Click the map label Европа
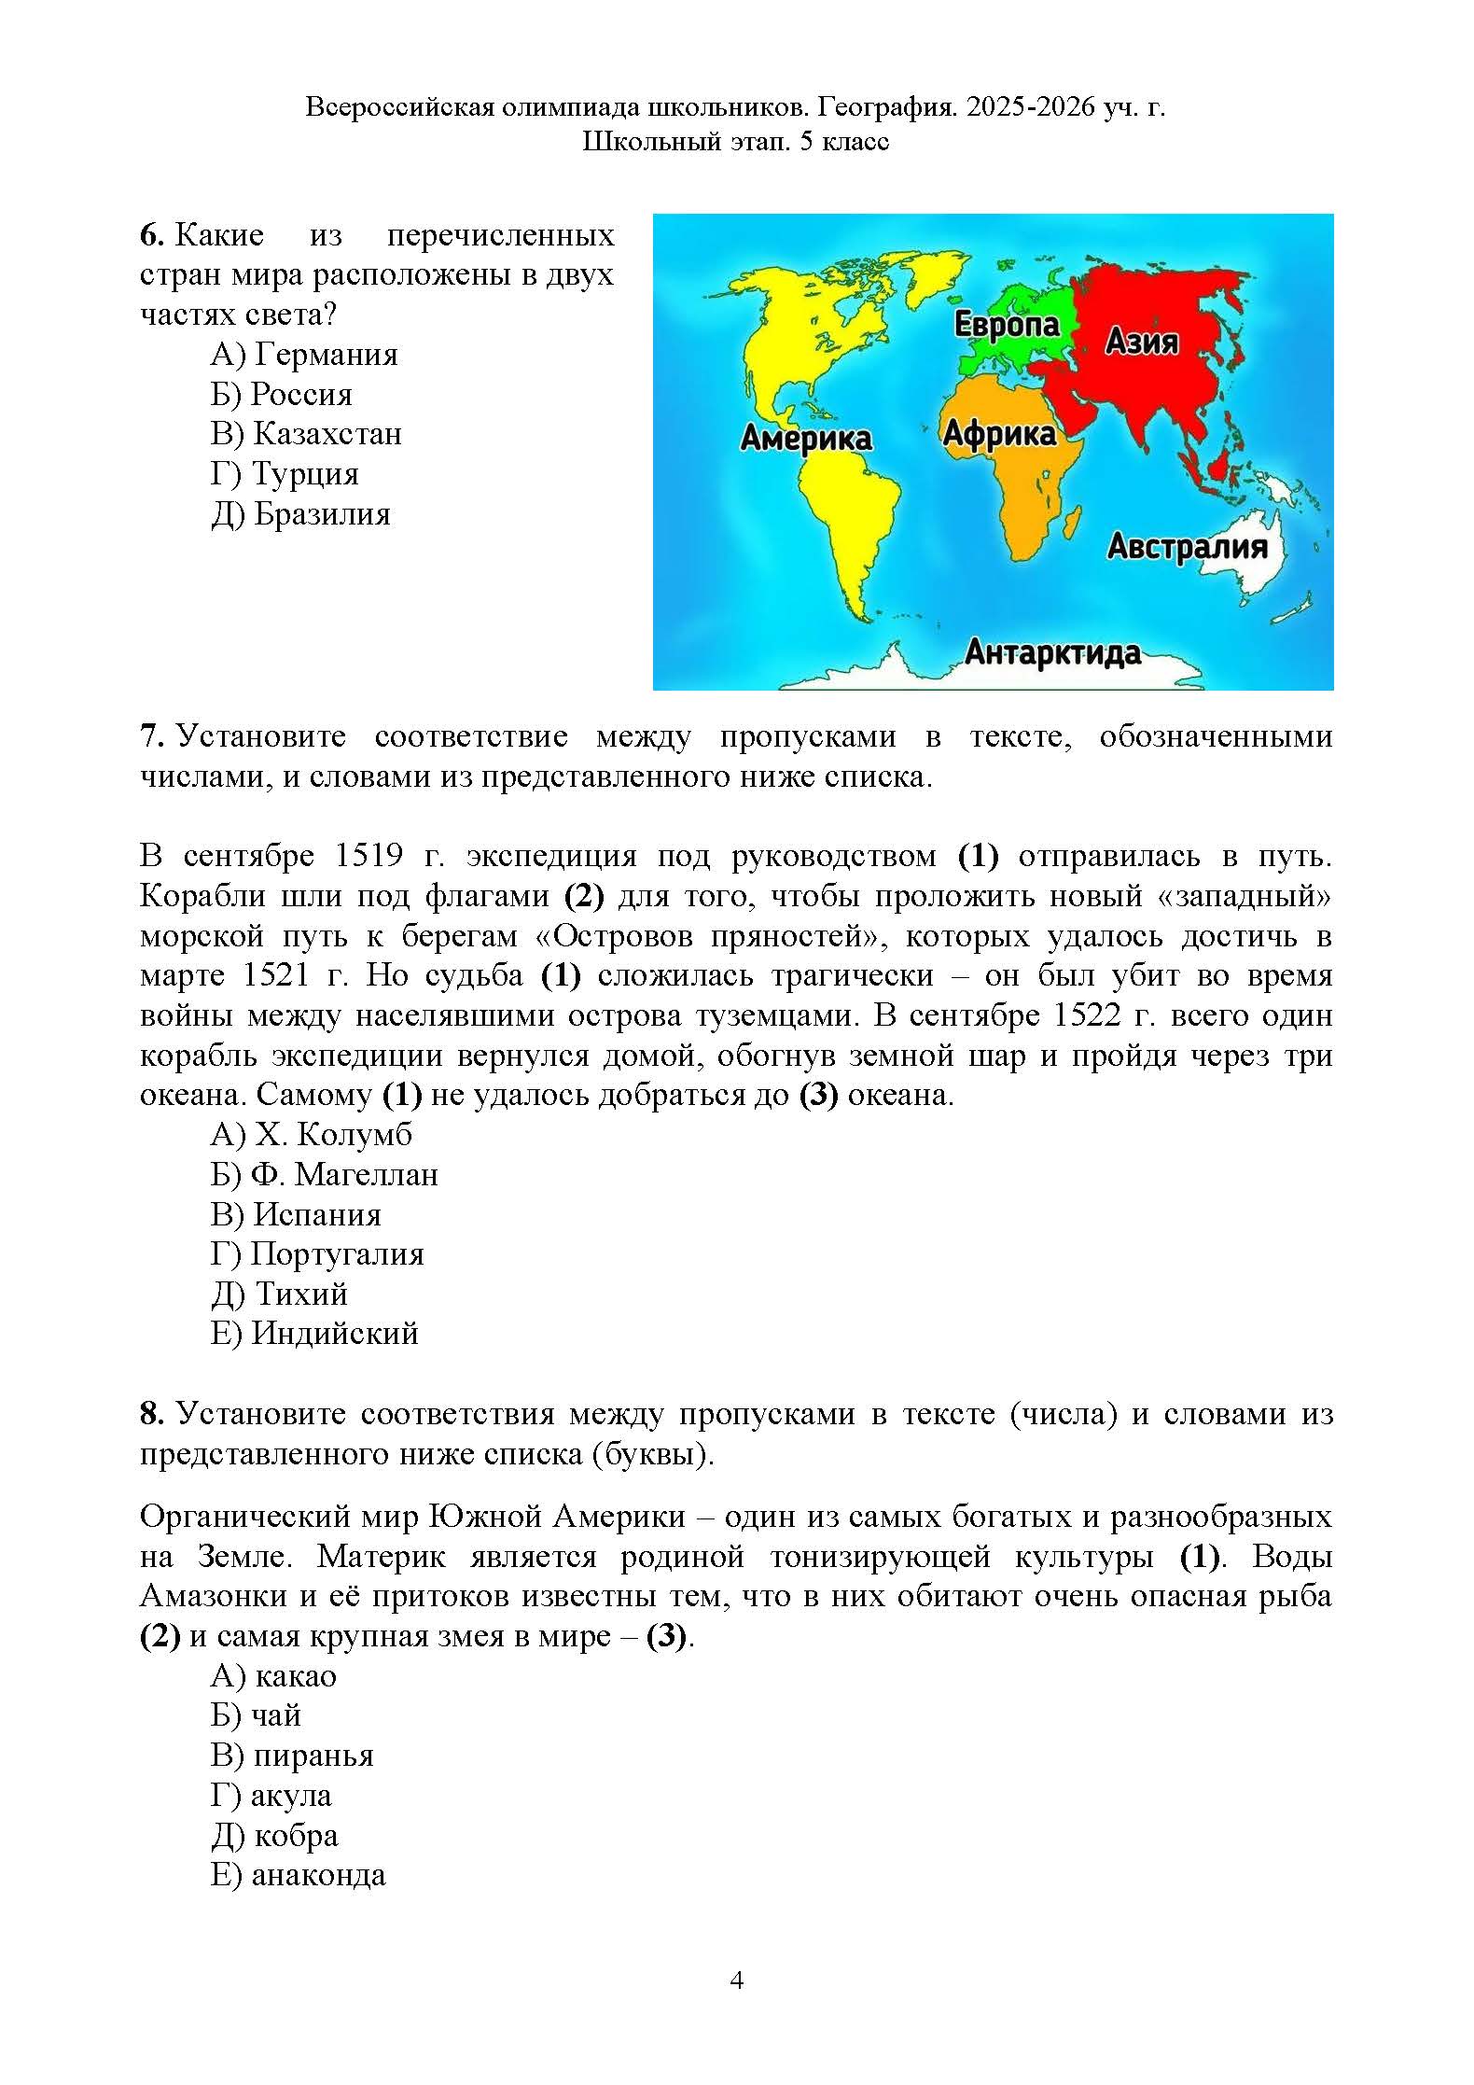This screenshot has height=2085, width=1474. pos(1007,325)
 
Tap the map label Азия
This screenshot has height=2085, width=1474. pos(1142,342)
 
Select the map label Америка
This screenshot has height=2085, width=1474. pos(806,438)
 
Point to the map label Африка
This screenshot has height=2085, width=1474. pos(999,433)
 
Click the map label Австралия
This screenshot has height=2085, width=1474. pos(1187,547)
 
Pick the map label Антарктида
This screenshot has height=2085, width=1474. pos(1052,652)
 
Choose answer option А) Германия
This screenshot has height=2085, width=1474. pos(304,355)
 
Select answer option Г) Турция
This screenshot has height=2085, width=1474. pos(285,474)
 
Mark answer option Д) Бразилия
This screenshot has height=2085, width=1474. pos(300,514)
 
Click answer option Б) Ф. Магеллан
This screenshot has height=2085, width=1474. pos(324,1174)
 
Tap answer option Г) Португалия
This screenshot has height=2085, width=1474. pos(317,1253)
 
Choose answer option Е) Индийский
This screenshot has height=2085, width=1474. pos(314,1333)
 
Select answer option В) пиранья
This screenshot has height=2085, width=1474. pos(292,1756)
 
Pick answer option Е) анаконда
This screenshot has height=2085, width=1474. pos(298,1875)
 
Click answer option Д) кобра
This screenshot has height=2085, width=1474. pos(274,1835)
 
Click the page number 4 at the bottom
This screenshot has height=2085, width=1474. pos(736,1980)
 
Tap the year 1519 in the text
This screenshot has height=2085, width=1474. pos(369,855)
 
